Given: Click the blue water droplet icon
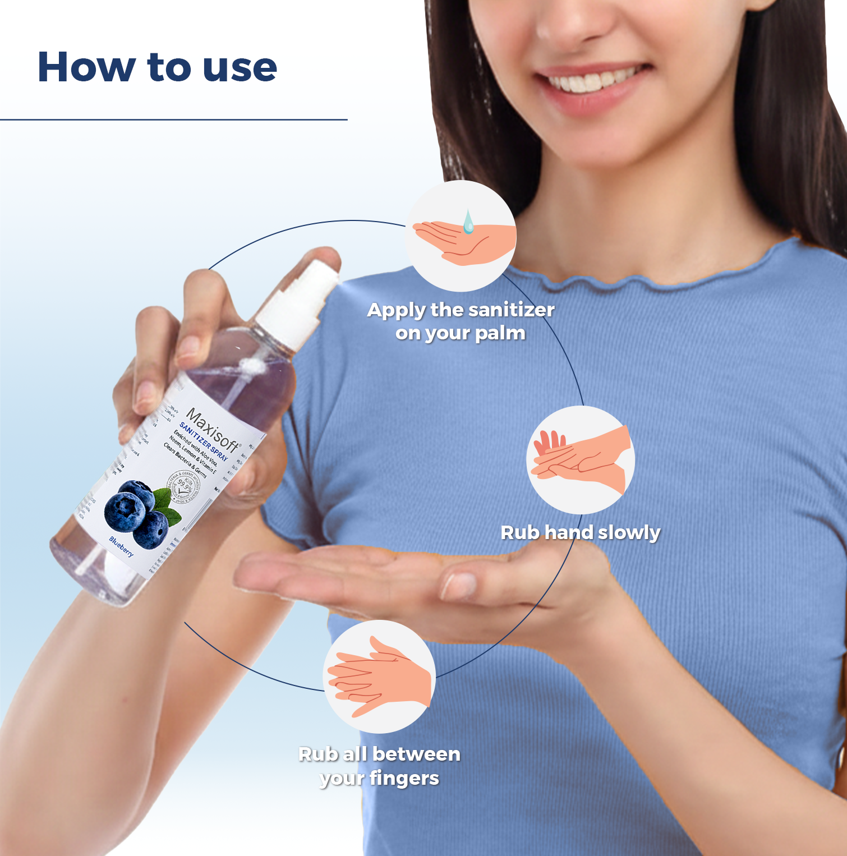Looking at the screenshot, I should tap(468, 222).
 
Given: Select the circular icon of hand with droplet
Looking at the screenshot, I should tap(461, 236).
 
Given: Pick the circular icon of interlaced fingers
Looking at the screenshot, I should tap(379, 676).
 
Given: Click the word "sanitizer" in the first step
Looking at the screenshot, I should tap(511, 310).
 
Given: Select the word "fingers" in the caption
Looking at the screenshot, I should tap(404, 779).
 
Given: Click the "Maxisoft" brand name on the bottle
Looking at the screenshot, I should tap(213, 430).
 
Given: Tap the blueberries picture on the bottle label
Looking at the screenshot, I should tap(137, 513).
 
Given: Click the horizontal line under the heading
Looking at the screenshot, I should tap(174, 119).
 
